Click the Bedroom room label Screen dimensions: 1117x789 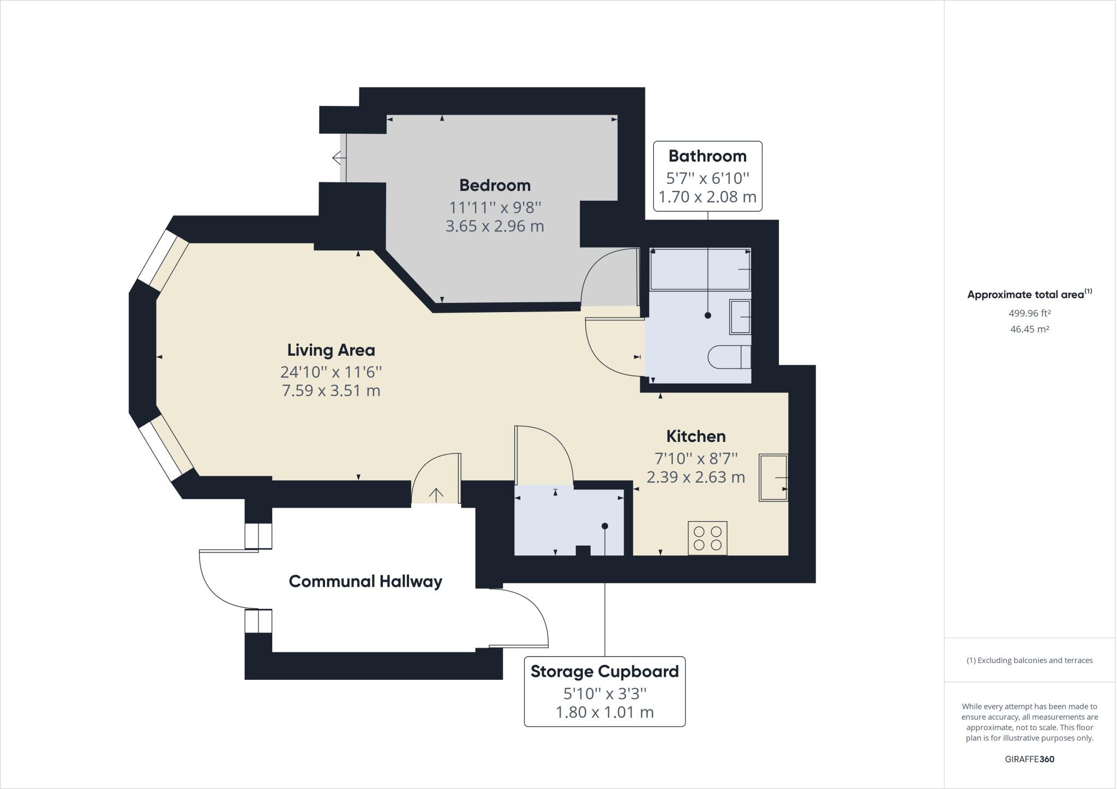(495, 186)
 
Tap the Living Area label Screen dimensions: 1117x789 (331, 350)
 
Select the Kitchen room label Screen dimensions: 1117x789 (696, 437)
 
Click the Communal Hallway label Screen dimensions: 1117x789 (365, 582)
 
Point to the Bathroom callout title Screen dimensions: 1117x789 (707, 156)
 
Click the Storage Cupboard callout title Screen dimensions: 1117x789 (604, 672)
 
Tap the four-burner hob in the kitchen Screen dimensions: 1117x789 (707, 538)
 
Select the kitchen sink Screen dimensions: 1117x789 (773, 477)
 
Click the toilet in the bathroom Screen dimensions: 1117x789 (729, 358)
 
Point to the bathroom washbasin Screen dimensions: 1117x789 (740, 317)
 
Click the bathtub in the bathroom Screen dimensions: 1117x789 (700, 269)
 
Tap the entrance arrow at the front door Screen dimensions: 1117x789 (436, 494)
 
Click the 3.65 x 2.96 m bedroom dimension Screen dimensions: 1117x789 (495, 226)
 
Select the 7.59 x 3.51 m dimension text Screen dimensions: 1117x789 (331, 391)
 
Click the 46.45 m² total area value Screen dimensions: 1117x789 (1030, 329)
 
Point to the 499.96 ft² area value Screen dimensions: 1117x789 (1030, 313)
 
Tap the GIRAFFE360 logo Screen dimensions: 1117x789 (1030, 759)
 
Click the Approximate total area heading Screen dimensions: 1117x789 (1030, 294)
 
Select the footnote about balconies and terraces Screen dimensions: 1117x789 (1030, 660)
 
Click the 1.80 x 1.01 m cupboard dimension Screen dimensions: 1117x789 (604, 712)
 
